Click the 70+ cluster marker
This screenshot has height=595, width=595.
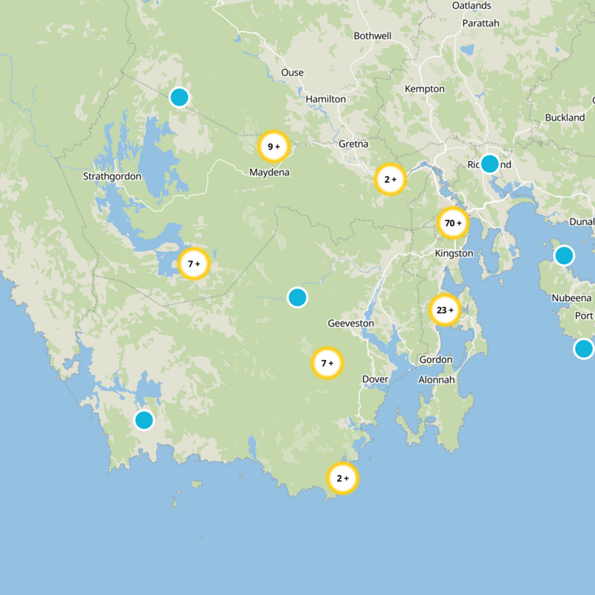452,222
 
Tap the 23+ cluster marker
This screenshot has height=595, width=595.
445,310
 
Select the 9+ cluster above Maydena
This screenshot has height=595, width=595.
273,147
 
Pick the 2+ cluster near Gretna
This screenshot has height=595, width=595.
389,179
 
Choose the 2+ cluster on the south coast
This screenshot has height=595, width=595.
342,478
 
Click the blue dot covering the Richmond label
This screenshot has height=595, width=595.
489,164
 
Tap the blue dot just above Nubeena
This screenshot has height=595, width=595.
564,256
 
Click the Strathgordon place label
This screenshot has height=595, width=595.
112,177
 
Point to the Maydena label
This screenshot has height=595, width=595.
269,173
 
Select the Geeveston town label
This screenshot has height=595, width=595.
351,324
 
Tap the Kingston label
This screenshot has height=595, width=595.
454,254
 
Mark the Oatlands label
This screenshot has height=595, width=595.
472,6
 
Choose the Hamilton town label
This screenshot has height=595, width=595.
326,99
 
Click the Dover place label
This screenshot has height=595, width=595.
375,379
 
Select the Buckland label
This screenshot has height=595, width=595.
565,118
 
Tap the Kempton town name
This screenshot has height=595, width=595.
424,89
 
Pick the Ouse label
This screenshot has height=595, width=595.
292,73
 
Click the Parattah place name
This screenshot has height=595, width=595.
480,23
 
